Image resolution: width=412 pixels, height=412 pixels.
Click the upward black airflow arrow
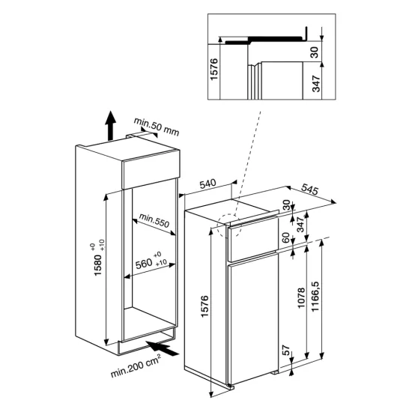click(110, 126)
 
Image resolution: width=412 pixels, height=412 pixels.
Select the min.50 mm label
click(157, 124)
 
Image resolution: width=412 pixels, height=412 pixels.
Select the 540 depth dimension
click(210, 184)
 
